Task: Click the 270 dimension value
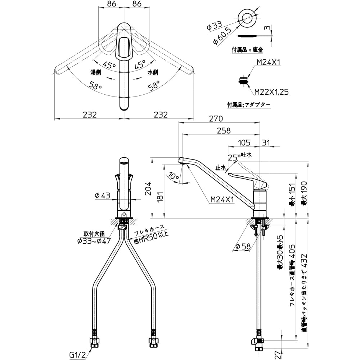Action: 216,119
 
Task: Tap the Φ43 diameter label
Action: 102,195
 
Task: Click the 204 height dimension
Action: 148,188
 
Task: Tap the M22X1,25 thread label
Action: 271,92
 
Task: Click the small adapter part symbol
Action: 244,81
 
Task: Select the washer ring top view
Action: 247,18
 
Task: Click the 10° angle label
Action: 173,176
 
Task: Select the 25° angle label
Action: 233,157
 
